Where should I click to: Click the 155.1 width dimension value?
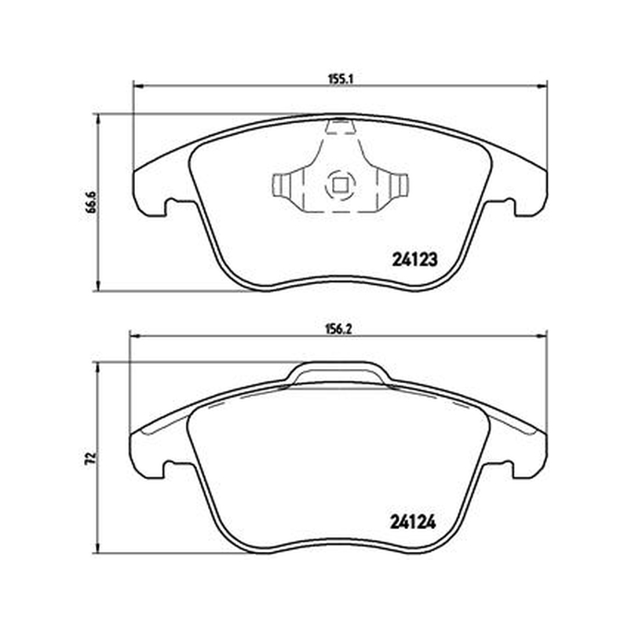[340, 79]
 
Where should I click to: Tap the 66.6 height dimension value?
[93, 203]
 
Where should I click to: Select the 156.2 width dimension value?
[339, 329]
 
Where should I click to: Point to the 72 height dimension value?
[93, 458]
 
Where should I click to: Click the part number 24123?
[414, 261]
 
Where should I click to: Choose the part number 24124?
[413, 522]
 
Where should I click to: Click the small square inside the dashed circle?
[340, 185]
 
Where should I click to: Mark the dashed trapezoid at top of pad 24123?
[340, 126]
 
